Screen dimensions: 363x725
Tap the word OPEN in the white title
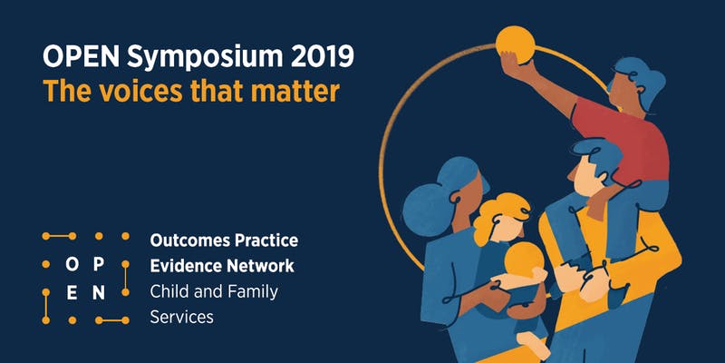[x=79, y=58]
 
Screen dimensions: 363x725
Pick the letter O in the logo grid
[x=72, y=265]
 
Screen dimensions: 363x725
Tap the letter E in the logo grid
[x=72, y=292]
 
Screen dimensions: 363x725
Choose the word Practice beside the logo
[x=265, y=241]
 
